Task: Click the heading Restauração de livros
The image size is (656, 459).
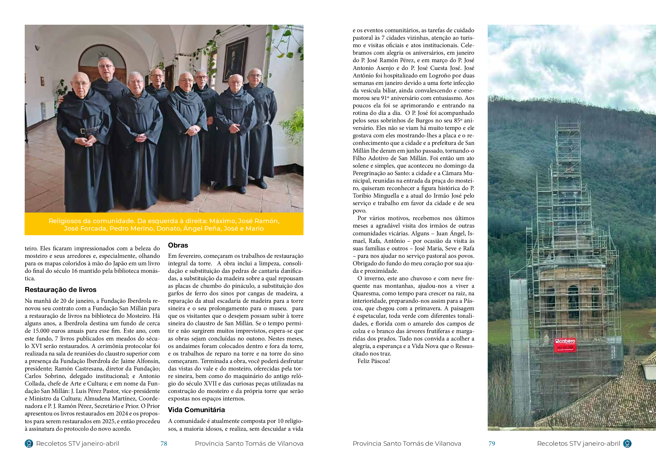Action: pos(61,290)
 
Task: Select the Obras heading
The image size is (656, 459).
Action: pos(178,245)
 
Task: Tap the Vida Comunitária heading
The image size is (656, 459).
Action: pos(196,410)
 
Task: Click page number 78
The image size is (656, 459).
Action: pos(164,443)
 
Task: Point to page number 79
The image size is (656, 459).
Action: pos(492,443)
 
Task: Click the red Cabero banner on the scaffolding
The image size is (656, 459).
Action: pos(565,345)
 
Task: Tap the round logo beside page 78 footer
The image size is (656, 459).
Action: pos(29,443)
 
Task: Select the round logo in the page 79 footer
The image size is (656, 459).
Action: pos(627,443)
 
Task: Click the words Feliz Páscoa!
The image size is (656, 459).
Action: pos(374,361)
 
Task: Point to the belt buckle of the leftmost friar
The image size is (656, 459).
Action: pos(83,131)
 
